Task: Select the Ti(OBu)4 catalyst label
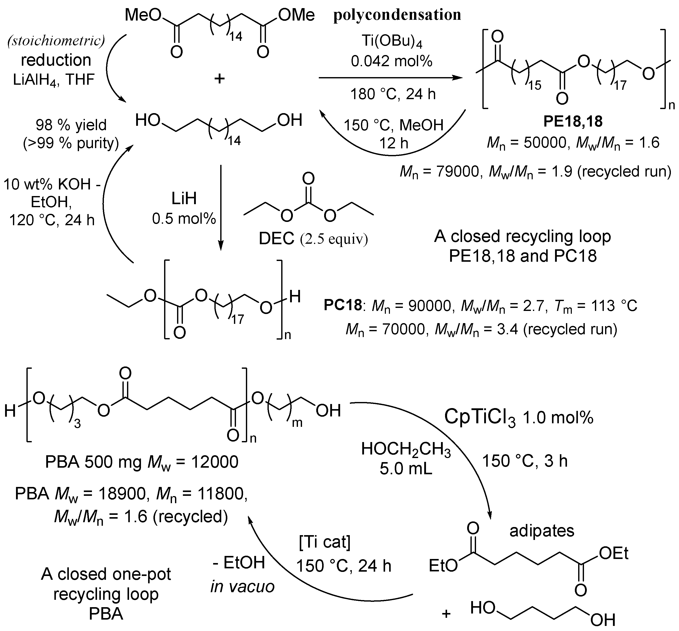tap(391, 43)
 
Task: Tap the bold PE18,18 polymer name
tap(573, 121)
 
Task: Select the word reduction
tap(56, 60)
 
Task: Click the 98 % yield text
tap(71, 125)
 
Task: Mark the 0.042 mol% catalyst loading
tap(391, 61)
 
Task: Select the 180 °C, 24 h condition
tap(393, 94)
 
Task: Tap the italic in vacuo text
tap(242, 587)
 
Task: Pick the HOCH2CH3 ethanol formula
tap(406, 449)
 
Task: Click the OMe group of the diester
tap(296, 16)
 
